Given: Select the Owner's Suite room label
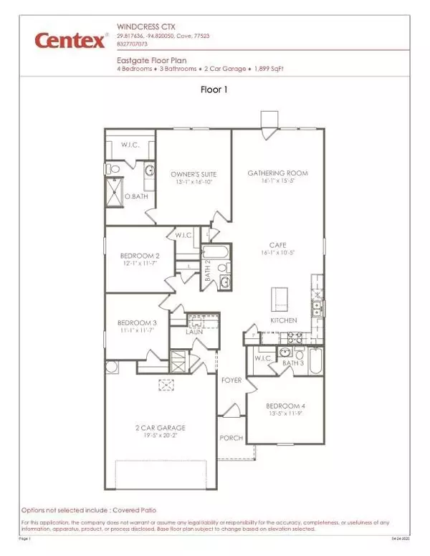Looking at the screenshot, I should coord(193,174).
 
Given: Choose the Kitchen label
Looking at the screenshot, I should coord(283,321).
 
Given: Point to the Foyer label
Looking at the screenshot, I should coord(231,380).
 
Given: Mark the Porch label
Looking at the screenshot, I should coord(231,437).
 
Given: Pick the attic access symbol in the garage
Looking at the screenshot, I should coord(168,384).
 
